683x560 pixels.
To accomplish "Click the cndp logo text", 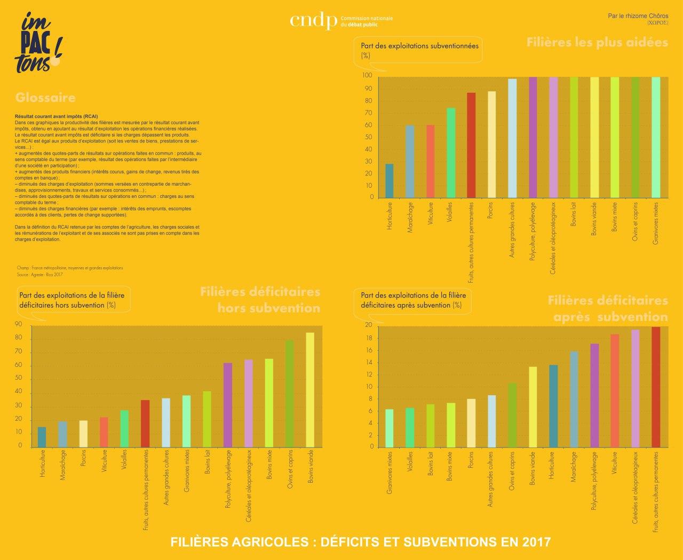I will (x=313, y=21).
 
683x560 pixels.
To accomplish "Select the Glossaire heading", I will (x=45, y=98).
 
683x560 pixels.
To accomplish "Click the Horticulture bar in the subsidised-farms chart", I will (x=390, y=181).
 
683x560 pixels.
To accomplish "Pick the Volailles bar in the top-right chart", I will (x=451, y=153).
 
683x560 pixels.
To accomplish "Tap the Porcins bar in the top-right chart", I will (x=491, y=145).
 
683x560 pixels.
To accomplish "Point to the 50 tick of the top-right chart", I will (x=368, y=137).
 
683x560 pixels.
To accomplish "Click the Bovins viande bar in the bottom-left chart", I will (x=310, y=390).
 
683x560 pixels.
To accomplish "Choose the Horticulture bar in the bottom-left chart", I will (x=42, y=437).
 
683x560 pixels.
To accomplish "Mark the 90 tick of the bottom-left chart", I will (x=19, y=324).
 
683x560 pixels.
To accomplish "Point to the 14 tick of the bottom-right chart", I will (x=368, y=363).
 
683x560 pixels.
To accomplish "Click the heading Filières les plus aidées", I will (x=597, y=42).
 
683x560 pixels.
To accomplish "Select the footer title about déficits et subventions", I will (x=360, y=542).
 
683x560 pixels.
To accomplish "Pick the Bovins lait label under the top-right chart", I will (x=574, y=214).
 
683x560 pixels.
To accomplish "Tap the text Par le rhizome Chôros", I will (x=638, y=16).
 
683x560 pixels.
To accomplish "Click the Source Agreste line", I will (x=40, y=275).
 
